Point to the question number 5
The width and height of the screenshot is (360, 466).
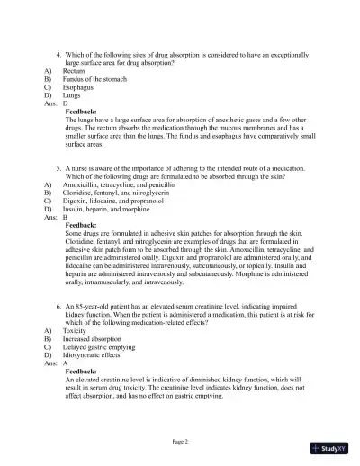point(58,168)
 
